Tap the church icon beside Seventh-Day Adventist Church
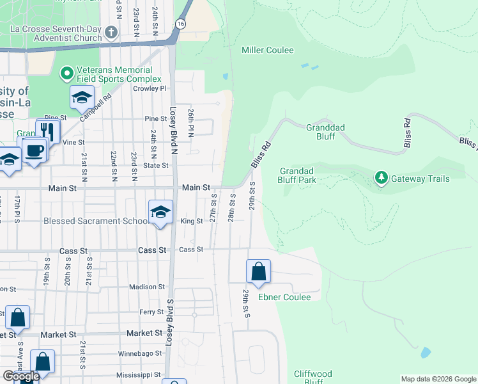111,32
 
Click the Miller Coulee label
267,50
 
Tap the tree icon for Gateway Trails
382,177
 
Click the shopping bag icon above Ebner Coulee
258,271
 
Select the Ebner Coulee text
284,297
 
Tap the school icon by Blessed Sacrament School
160,212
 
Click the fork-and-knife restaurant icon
48,131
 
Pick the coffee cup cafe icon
35,150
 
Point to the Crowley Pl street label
150,89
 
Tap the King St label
191,221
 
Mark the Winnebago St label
139,354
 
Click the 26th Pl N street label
190,122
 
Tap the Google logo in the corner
21,376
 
